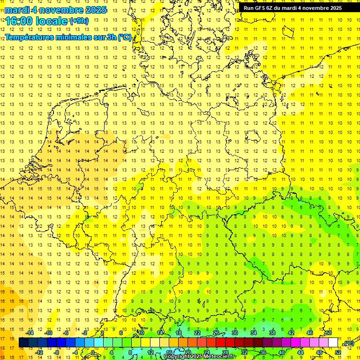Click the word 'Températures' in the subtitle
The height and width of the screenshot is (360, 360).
[29, 37]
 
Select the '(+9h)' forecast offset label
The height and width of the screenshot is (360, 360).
[78, 21]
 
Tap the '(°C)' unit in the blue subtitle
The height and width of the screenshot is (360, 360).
[124, 37]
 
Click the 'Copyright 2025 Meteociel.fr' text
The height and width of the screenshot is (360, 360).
[199, 357]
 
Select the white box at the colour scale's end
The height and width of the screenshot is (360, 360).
[333, 343]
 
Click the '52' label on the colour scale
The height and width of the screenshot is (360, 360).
[338, 352]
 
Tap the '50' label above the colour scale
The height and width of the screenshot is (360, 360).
[329, 333]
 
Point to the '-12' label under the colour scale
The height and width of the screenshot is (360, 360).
[39, 352]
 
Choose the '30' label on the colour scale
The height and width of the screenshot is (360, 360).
[235, 333]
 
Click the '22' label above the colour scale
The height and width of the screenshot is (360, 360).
[197, 333]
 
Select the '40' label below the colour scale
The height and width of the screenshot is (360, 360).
[282, 352]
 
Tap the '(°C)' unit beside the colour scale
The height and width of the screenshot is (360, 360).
[348, 343]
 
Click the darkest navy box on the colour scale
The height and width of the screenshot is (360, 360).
[23, 343]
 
